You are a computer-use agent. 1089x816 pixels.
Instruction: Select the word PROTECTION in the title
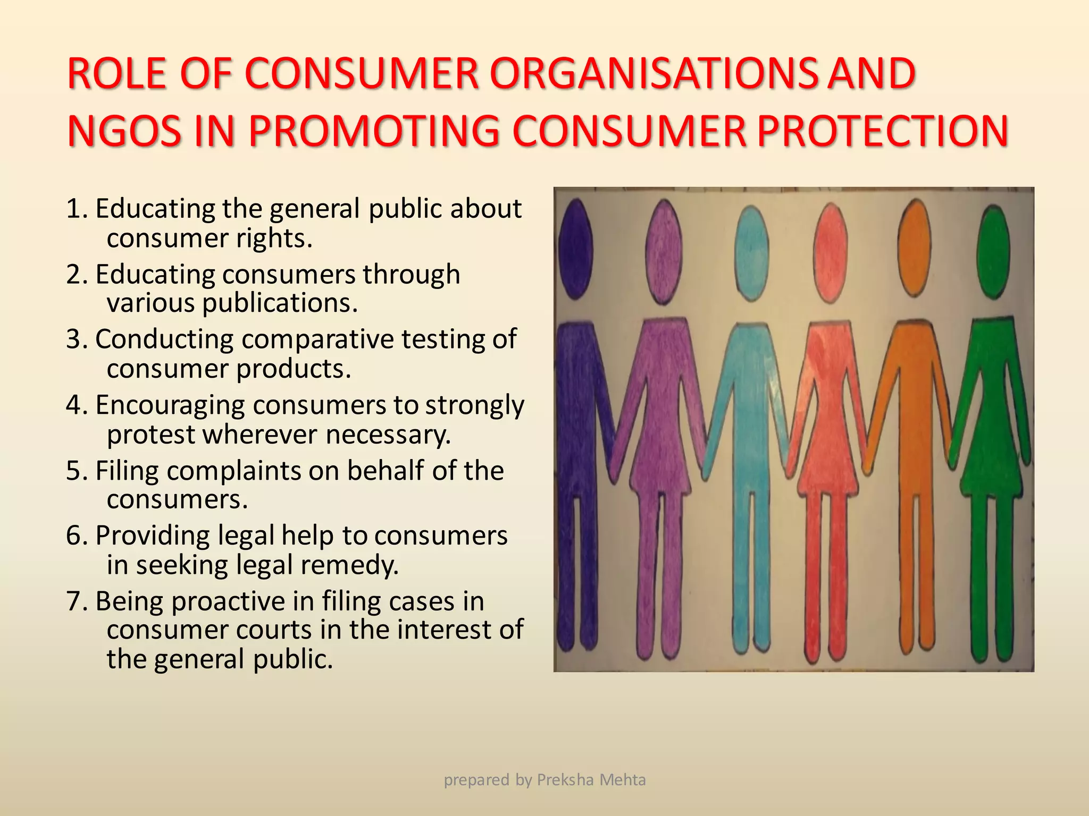[x=882, y=131]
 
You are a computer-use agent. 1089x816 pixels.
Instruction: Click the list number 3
[x=75, y=339]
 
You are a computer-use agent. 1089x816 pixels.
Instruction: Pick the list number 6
[x=75, y=535]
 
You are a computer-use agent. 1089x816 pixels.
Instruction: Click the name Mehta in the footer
[x=623, y=780]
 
